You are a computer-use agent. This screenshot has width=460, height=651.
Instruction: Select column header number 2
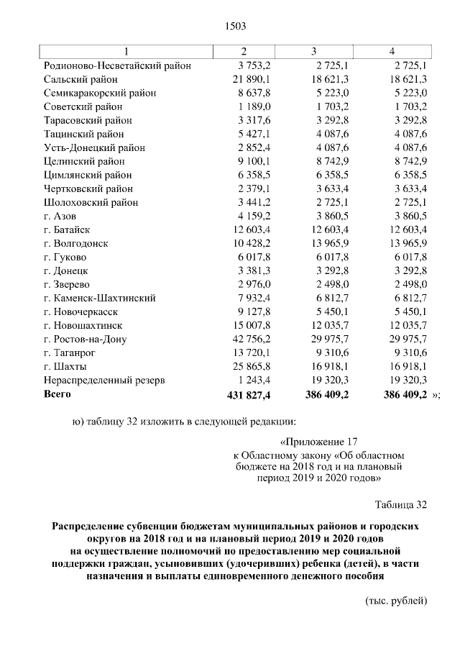point(244,52)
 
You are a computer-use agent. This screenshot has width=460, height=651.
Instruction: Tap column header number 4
point(391,52)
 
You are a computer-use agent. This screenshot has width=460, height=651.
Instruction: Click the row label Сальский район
point(80,79)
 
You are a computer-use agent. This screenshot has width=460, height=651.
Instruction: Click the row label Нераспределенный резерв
point(104,380)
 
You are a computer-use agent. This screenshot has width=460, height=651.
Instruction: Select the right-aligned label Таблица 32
point(401,503)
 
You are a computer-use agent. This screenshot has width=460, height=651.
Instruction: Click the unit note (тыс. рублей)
point(396,601)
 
